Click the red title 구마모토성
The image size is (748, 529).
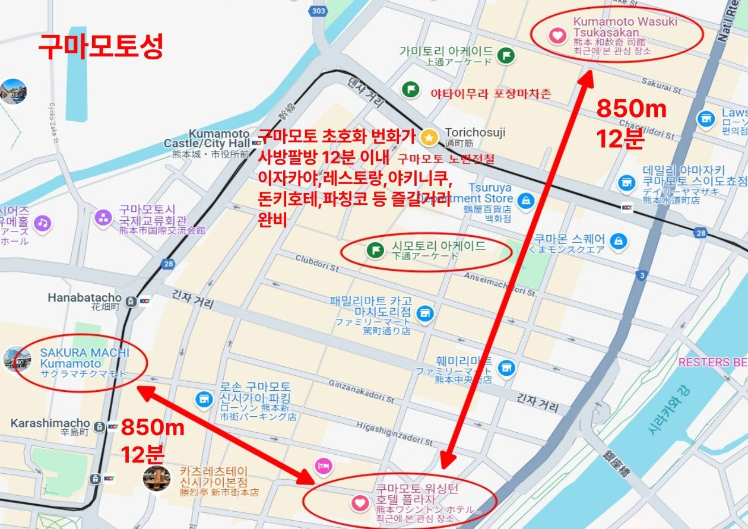point(100,46)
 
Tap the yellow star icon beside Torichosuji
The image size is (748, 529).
point(428,138)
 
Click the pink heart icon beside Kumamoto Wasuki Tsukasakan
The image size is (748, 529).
point(557,36)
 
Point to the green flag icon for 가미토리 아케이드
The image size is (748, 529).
point(505,55)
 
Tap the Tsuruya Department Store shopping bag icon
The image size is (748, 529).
point(525,201)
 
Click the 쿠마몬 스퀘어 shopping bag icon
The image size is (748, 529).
point(619,242)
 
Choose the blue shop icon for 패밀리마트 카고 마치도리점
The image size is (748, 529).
point(424,312)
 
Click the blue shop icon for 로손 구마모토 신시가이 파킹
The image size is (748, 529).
point(204,399)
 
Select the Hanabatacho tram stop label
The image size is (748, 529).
point(84,297)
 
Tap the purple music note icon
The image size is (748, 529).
point(42,223)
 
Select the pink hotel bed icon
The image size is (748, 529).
point(322,465)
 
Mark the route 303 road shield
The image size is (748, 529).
point(318,11)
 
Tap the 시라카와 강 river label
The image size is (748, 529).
point(668,410)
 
